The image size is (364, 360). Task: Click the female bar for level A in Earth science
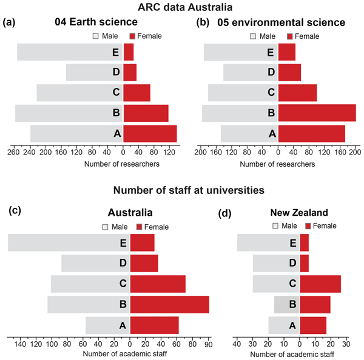coord(150,133)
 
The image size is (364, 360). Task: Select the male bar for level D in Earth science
coord(88,72)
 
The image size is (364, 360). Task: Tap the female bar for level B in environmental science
coord(317,113)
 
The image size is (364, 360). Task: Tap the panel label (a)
coord(9,22)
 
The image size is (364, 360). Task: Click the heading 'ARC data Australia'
coord(182,7)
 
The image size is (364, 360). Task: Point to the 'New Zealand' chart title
coord(298,213)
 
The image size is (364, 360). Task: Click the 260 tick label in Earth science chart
coord(12,154)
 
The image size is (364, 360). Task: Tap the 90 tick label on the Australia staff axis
coord(208,344)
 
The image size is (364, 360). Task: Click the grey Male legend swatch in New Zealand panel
coord(277,226)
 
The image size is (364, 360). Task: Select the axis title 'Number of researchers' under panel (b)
coord(277,164)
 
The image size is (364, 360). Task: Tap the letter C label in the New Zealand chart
coord(292,283)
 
